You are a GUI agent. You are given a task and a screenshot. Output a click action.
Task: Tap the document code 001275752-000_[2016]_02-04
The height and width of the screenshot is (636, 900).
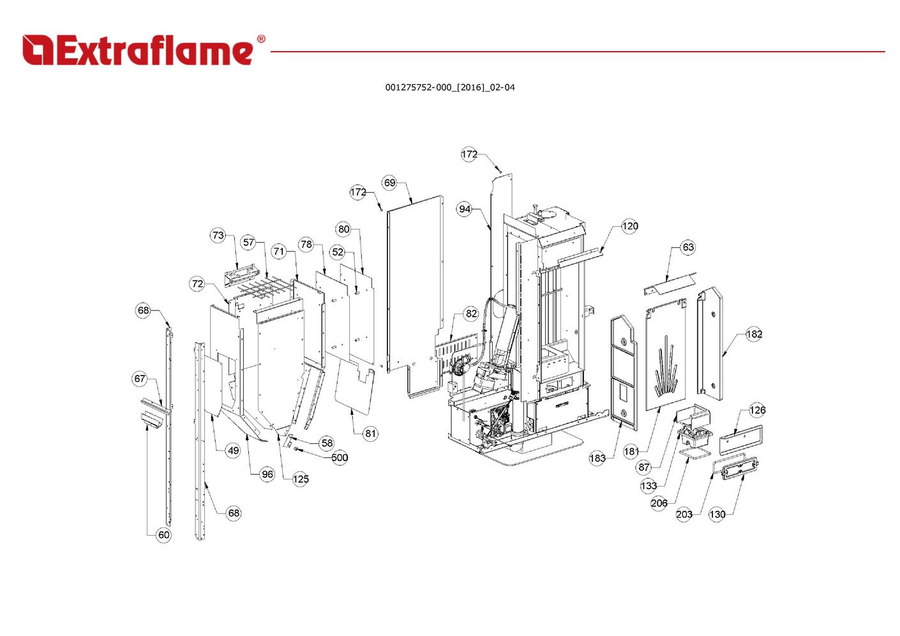click(x=449, y=87)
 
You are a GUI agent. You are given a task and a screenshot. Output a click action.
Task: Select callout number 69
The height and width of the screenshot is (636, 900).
click(x=389, y=183)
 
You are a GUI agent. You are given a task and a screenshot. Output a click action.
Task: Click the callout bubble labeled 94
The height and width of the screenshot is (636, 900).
click(x=464, y=209)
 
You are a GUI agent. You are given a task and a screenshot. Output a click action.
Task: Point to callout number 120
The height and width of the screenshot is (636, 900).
click(x=629, y=226)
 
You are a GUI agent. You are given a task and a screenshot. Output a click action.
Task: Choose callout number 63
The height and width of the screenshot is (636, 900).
click(x=687, y=247)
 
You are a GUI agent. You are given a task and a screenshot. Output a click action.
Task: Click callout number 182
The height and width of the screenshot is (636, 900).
click(x=754, y=334)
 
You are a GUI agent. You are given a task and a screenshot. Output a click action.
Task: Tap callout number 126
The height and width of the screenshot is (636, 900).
click(x=757, y=410)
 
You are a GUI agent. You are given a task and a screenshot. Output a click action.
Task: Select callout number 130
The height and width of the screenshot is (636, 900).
click(x=717, y=514)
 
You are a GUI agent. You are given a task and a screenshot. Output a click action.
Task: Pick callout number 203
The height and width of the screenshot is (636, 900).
click(x=684, y=514)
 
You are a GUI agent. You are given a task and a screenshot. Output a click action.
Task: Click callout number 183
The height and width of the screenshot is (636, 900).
click(x=597, y=458)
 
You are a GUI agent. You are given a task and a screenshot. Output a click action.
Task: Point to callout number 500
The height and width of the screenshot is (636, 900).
click(x=340, y=457)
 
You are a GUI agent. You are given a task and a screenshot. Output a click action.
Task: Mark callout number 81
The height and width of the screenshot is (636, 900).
click(x=370, y=434)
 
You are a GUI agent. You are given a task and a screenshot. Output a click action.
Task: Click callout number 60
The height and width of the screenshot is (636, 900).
click(x=164, y=535)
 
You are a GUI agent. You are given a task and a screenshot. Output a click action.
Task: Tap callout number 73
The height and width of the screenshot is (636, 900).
click(x=218, y=235)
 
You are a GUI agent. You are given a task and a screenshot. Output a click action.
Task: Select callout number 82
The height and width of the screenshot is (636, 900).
click(x=471, y=314)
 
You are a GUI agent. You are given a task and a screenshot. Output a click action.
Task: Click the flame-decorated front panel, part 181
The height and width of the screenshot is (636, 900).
click(x=666, y=358)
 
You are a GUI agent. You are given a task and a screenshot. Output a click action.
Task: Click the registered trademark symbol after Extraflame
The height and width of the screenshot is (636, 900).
click(x=260, y=39)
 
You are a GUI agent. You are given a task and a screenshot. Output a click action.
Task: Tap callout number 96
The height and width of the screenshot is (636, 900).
click(x=267, y=474)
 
